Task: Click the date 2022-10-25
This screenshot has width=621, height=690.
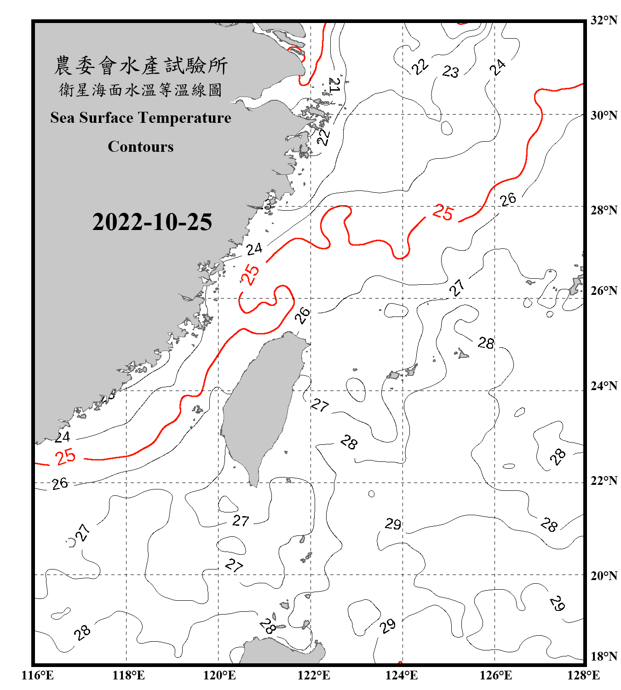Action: click(x=152, y=222)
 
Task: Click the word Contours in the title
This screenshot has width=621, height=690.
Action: click(x=141, y=147)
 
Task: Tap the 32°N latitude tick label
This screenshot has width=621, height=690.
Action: click(x=604, y=20)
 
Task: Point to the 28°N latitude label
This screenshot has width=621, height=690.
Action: click(x=604, y=210)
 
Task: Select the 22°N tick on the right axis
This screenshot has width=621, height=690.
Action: click(x=604, y=481)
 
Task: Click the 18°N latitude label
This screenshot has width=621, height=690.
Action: click(x=604, y=656)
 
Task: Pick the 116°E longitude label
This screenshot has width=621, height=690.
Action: click(x=38, y=675)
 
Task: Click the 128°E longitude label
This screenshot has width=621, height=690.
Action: click(x=583, y=675)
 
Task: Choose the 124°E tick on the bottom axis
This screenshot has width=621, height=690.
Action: click(x=402, y=675)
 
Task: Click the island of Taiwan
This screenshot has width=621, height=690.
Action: click(x=262, y=405)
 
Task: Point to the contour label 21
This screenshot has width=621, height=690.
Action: click(x=334, y=85)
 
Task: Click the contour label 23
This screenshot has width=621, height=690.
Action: click(x=450, y=71)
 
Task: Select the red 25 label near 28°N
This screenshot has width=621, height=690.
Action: click(x=443, y=212)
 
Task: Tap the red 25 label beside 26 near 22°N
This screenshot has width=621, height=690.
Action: click(x=65, y=457)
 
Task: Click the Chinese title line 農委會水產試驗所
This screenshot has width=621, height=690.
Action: click(x=141, y=66)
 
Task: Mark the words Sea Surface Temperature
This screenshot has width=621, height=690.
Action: click(x=141, y=118)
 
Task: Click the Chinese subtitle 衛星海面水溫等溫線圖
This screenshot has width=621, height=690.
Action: click(x=141, y=90)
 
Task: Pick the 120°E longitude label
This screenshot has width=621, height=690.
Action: click(x=219, y=675)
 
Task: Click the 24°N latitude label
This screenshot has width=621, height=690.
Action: click(x=604, y=386)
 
